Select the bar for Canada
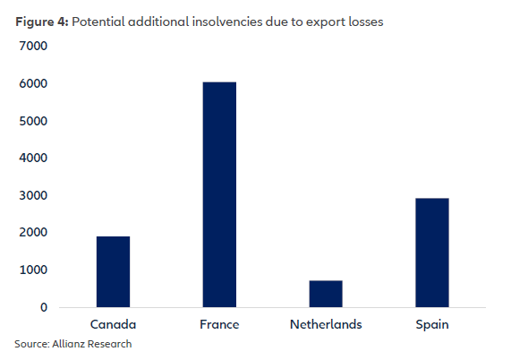click(114, 271)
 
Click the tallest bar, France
click(219, 194)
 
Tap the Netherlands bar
click(326, 294)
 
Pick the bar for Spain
click(432, 253)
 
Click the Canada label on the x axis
click(114, 324)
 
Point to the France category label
click(219, 324)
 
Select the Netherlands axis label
click(326, 324)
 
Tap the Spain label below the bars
click(432, 324)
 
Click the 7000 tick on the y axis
click(32, 47)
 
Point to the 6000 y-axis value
click(32, 84)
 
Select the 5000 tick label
click(32, 121)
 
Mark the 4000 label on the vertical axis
click(32, 159)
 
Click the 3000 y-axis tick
click(32, 196)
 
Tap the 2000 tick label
click(32, 233)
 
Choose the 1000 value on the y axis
click(32, 270)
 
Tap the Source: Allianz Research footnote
click(72, 343)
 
